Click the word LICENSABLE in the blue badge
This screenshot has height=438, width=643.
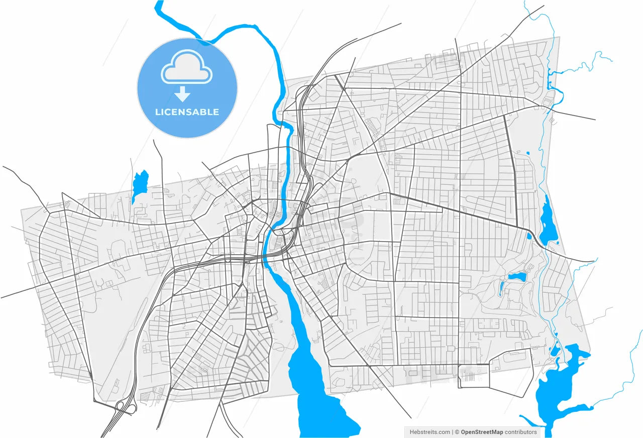[187, 112]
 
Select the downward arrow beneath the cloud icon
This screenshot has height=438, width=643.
[183, 94]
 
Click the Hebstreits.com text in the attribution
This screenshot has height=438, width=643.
[430, 432]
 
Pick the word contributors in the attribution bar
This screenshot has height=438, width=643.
[521, 432]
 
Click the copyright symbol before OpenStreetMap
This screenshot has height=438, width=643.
[457, 432]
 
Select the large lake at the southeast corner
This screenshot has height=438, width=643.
[558, 387]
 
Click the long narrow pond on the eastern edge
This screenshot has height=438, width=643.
[548, 221]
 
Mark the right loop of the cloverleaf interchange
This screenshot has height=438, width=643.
[131, 409]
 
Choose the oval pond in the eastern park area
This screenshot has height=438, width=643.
[517, 276]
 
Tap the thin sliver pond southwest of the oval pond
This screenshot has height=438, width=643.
[501, 287]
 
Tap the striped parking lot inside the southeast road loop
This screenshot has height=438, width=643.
[468, 376]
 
